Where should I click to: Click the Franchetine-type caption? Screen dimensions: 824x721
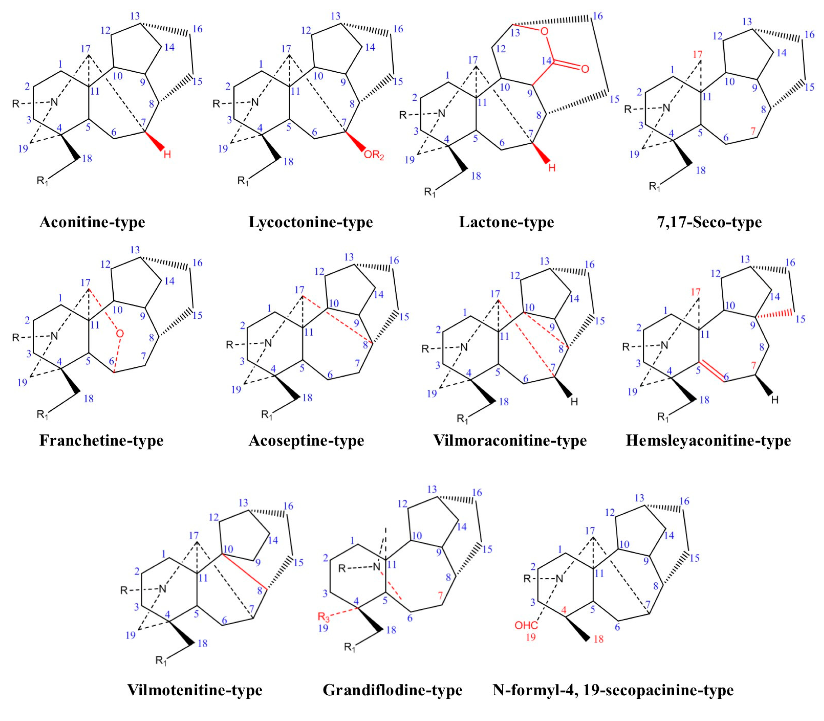[101, 440]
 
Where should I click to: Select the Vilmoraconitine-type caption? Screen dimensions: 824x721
[510, 440]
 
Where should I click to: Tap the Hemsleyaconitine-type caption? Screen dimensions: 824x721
[708, 440]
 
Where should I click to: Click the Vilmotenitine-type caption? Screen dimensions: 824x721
[195, 690]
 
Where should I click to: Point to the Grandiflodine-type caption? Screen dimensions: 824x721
[393, 690]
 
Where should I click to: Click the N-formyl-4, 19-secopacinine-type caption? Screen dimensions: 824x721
[613, 690]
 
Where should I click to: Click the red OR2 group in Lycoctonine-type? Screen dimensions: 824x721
[374, 155]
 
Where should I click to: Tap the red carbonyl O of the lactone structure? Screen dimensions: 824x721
[585, 69]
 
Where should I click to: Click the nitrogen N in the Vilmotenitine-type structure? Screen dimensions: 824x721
[163, 589]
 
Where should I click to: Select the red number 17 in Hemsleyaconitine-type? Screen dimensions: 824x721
[696, 292]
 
